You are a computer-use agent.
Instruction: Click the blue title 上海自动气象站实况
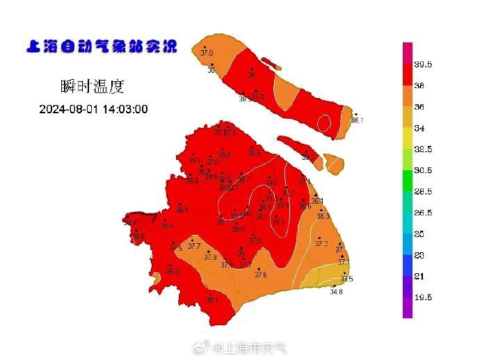pos(101,47)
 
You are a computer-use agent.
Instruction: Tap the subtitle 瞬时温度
pos(92,87)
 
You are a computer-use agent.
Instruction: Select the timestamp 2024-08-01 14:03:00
pos(93,109)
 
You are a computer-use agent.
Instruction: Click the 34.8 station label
pos(336,292)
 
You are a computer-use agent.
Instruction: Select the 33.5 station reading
pos(346,279)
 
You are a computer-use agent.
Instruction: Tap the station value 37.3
pos(321,243)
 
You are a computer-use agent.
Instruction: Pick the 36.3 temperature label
pos(323,216)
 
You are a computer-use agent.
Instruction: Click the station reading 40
pos(247,213)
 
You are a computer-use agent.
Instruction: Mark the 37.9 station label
pos(210,257)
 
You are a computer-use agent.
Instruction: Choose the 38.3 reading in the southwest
pos(171,271)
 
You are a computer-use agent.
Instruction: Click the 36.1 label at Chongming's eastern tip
pos(358,120)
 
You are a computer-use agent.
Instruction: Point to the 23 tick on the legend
pos(420,255)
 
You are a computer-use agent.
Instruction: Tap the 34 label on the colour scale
pos(420,128)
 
